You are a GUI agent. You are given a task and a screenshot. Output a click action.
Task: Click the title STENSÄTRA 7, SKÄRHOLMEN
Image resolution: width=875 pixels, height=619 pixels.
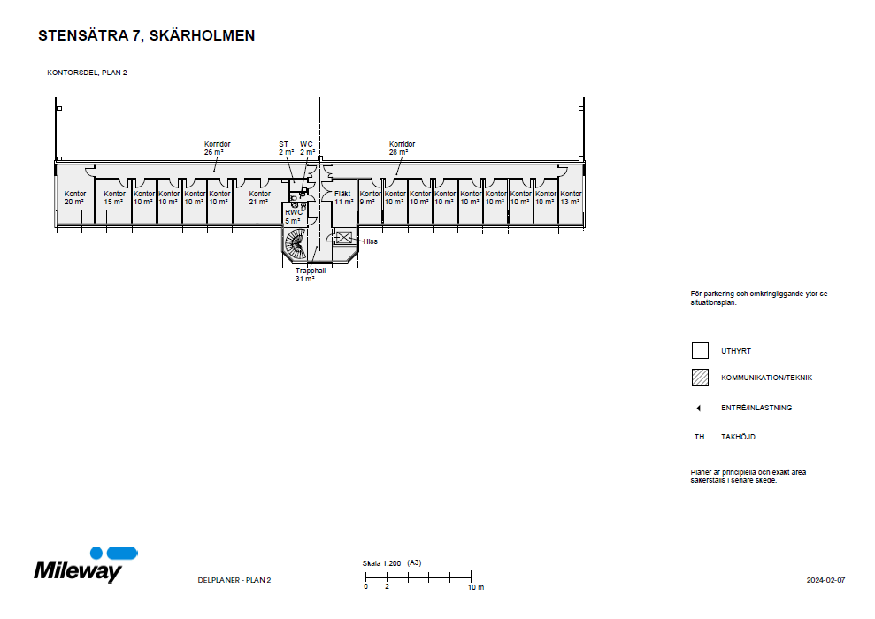(147, 36)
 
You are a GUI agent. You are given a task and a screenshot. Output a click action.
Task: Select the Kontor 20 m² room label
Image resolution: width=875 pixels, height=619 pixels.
(74, 197)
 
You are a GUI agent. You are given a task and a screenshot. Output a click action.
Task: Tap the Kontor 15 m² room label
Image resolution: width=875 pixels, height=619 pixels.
(114, 197)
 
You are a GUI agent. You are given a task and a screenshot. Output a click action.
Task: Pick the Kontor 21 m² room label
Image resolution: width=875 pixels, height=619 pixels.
(259, 197)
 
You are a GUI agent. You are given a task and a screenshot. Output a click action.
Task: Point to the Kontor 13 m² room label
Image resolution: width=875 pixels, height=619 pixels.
(571, 197)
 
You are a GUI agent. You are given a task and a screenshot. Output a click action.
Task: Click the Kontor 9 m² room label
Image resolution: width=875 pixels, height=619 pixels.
(370, 197)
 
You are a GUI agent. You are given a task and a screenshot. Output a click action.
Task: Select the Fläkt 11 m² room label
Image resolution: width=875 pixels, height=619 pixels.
(343, 197)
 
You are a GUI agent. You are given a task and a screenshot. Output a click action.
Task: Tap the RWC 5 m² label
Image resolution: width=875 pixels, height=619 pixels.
(293, 217)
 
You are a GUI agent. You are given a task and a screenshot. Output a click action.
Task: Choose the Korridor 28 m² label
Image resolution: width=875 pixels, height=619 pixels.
(402, 148)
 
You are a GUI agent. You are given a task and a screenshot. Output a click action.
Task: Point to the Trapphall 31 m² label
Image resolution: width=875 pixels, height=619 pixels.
(311, 274)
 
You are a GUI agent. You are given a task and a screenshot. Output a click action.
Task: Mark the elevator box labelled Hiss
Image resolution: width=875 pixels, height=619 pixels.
(343, 237)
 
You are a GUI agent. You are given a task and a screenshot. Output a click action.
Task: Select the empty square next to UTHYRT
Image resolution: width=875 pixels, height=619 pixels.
(700, 351)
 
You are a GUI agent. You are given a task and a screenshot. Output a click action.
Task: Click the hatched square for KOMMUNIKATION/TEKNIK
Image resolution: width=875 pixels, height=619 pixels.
(700, 378)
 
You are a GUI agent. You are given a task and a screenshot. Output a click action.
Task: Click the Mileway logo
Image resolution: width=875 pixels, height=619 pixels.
(85, 566)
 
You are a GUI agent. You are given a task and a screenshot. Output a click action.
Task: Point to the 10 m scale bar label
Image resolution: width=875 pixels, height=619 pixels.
(475, 587)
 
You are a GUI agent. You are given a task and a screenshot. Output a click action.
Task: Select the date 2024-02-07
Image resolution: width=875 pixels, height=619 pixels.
(825, 580)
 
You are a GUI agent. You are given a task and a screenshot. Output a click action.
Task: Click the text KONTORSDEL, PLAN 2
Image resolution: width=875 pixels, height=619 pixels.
(87, 73)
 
